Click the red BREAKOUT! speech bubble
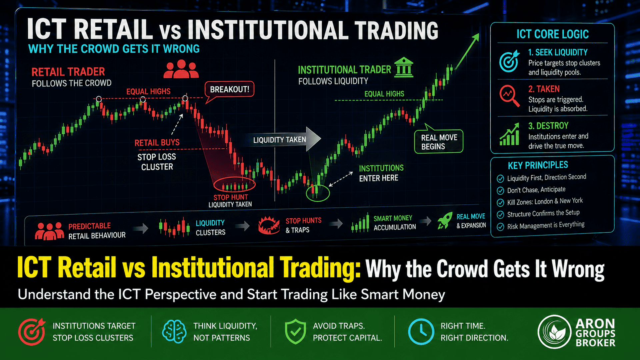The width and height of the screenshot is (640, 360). coord(229,89)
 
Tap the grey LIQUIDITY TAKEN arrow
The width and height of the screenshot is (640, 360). coord(282,139)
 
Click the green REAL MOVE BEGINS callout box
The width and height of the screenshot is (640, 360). coord(438,142)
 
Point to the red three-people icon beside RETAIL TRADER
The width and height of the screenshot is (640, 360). coord(181,69)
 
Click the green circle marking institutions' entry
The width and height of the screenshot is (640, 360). coord(318,192)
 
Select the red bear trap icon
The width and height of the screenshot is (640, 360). coord(269,225)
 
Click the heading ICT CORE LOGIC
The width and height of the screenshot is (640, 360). coord(552,34)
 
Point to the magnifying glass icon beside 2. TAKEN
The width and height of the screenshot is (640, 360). coord(509,96)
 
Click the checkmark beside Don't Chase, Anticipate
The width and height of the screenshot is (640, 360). coord(500,191)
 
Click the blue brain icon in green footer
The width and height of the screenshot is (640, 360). coord(174,331)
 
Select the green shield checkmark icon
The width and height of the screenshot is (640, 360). coord(295,331)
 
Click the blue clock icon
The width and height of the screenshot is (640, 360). coord(421,331)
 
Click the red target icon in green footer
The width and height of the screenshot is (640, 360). coord(32,331)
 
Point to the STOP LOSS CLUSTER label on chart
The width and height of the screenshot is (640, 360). coord(157,162)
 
